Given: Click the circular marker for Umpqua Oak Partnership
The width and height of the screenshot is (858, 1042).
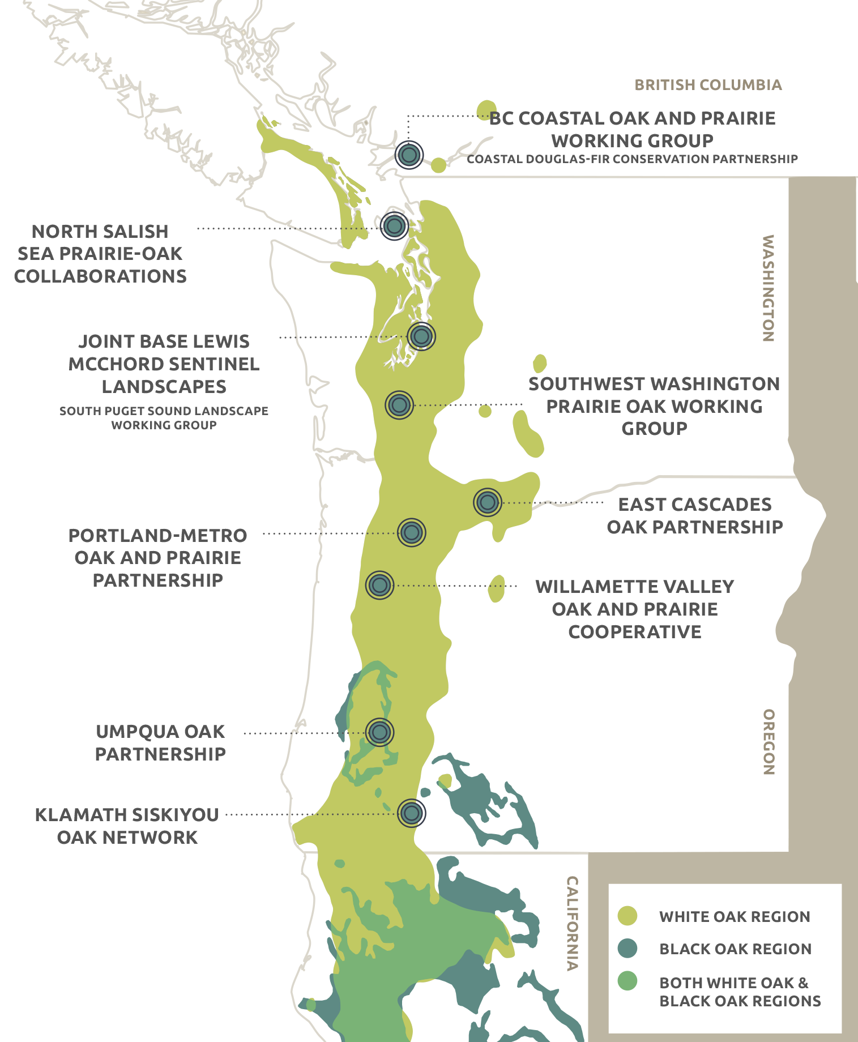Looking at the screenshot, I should point(379,732).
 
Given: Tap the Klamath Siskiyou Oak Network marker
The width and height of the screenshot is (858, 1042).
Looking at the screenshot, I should point(411,813).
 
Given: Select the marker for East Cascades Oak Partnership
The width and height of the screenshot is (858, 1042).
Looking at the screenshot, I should point(487,502).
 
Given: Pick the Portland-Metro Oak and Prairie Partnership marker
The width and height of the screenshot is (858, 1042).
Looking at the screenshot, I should point(411,532).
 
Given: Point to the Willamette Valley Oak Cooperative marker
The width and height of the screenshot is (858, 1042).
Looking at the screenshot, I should point(379,585).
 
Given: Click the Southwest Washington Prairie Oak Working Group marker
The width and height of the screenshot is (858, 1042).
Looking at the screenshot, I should point(399,405).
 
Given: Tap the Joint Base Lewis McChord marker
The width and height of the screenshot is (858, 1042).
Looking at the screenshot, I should point(421,336).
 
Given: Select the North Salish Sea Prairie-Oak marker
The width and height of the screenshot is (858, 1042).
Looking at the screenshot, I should point(394,226).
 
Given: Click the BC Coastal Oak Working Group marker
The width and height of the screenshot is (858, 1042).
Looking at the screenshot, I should point(409,154).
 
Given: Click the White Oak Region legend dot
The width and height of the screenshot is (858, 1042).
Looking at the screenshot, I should point(627,916).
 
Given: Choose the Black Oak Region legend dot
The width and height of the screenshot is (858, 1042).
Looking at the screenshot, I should point(627,948).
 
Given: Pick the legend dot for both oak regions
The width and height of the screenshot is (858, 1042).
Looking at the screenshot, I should point(627,981).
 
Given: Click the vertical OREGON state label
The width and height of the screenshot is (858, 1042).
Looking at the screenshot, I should point(768,741).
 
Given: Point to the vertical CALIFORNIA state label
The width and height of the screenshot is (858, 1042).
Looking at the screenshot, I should point(573,923).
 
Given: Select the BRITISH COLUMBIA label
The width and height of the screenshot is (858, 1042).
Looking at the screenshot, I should point(708,85).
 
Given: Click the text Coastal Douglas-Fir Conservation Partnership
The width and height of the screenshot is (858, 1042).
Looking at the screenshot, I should point(632,159).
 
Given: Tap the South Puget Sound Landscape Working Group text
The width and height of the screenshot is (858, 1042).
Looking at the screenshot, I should point(164,418).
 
